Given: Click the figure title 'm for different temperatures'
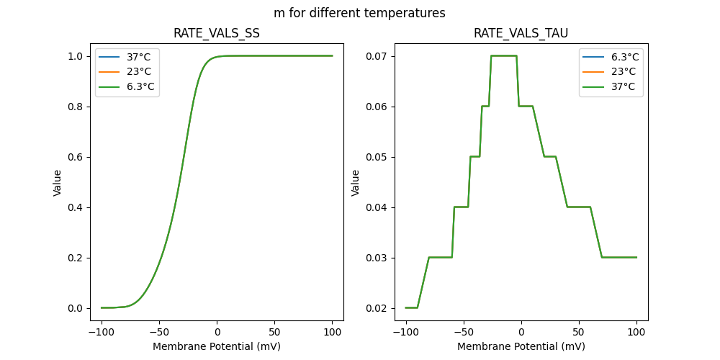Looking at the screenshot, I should tap(359, 13).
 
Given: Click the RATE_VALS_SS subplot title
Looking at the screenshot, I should tap(217, 33).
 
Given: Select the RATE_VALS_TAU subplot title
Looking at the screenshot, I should tap(521, 33).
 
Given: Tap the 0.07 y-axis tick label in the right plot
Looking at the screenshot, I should tap(374, 56).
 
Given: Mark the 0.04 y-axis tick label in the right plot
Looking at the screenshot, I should tap(374, 207).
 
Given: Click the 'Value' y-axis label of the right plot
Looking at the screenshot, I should tap(355, 183).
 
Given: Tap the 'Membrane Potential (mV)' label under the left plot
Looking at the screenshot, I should tap(217, 346).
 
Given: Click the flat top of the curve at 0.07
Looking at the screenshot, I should tap(504, 55).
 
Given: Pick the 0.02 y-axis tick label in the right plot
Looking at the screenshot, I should tap(374, 308).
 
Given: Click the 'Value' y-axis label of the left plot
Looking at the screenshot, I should tap(58, 183).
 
